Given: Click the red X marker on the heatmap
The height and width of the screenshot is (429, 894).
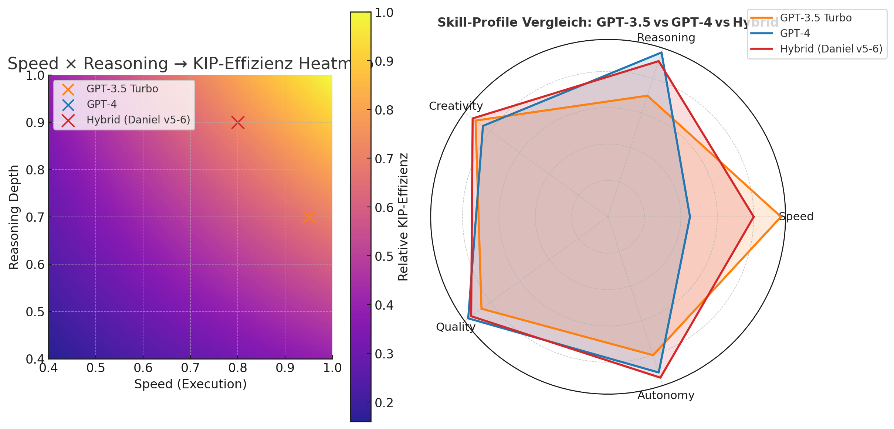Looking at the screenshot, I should tap(238, 122).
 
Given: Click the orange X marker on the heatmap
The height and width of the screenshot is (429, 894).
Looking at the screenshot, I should tap(309, 217).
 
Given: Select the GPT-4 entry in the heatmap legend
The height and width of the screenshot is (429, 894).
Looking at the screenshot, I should tap(102, 105).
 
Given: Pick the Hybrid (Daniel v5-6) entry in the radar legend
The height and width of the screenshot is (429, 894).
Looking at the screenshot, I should tap(831, 49).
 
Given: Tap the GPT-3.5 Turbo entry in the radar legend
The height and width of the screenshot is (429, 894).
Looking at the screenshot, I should tap(816, 18).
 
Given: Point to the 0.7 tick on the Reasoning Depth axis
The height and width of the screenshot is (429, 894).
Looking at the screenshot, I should tap(35, 217).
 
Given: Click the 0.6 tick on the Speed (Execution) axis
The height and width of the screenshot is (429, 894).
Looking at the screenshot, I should tap(143, 368).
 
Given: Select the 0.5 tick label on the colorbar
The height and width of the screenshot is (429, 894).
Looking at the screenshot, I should tap(384, 256).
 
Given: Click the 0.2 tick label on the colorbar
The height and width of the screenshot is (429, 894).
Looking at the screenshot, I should tap(384, 402).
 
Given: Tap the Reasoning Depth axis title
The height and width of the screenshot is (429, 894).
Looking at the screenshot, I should tap(14, 217).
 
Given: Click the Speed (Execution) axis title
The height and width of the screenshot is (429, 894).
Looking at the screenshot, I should tap(190, 384).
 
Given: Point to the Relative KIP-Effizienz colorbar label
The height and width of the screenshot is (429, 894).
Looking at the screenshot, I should tap(403, 217).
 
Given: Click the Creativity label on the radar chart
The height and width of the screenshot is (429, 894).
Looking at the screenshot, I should tap(456, 106).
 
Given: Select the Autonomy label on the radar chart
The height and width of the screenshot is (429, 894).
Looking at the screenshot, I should tap(666, 395).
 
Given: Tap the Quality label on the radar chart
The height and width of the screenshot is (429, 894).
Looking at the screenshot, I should tap(456, 327).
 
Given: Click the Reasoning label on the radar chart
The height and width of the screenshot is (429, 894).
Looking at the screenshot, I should tap(666, 38).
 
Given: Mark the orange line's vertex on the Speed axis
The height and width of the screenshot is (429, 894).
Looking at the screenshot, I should tap(780, 217).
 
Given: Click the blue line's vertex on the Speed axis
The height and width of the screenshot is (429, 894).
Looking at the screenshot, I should tap(690, 217).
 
